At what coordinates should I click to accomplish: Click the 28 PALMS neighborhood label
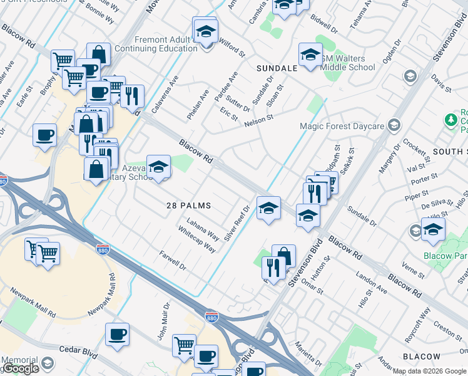pos(188,206)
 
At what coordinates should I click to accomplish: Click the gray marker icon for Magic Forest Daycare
pos(394,125)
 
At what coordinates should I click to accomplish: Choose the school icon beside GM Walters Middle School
pos(310,55)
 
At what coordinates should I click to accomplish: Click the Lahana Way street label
pos(203,229)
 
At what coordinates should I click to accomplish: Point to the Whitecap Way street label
pos(196,239)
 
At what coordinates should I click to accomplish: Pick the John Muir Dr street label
pos(164,326)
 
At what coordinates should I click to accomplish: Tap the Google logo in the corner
pos(21,369)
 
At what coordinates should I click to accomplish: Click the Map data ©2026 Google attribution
pos(429,371)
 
